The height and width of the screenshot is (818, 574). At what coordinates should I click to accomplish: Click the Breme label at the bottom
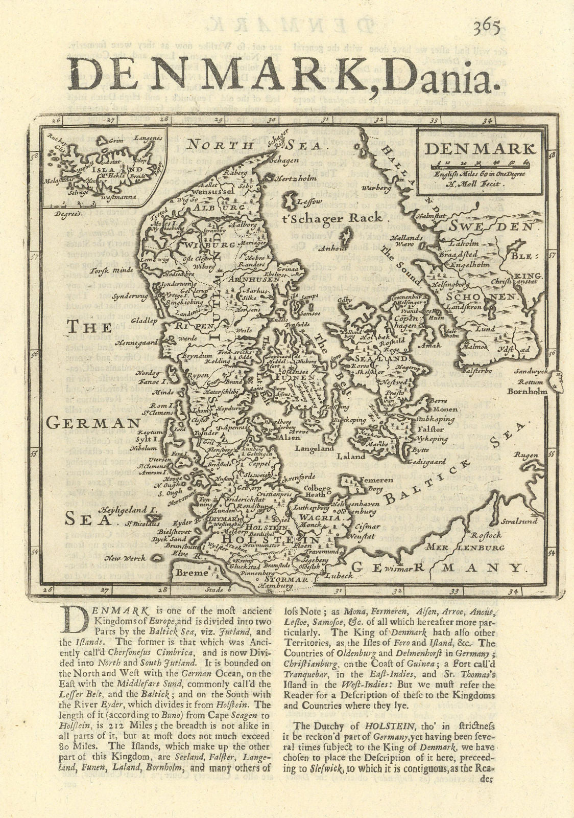(x=192, y=573)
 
